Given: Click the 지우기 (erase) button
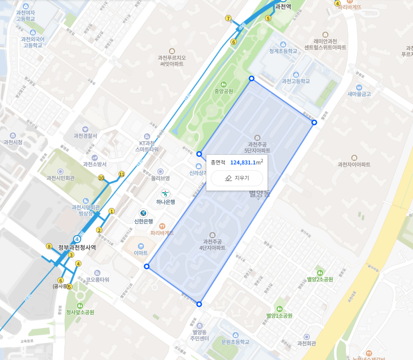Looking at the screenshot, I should point(237,178).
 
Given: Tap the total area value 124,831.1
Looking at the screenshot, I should point(243,162).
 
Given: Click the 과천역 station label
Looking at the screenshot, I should point(283,7).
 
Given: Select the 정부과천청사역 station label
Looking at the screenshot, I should point(77,248).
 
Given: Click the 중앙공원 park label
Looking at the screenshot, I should point(224,91).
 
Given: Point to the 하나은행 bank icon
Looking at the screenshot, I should point(165,194).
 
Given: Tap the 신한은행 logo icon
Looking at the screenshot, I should point(144,213).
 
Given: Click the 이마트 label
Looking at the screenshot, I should point(140,253).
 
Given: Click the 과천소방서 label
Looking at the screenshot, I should point(95,164).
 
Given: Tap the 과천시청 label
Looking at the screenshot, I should point(13,142).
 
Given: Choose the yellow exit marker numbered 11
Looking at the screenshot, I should point(122,174).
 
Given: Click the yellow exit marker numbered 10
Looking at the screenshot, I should point(101,178).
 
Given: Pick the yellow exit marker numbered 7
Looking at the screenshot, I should point(229,19).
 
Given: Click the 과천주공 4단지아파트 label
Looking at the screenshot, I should point(212,244).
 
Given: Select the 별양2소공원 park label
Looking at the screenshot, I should point(320,279).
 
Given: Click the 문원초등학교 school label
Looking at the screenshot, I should point(229,341).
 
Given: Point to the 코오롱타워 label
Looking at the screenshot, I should point(97,280).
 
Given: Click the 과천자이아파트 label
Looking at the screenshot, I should point(354,164).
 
